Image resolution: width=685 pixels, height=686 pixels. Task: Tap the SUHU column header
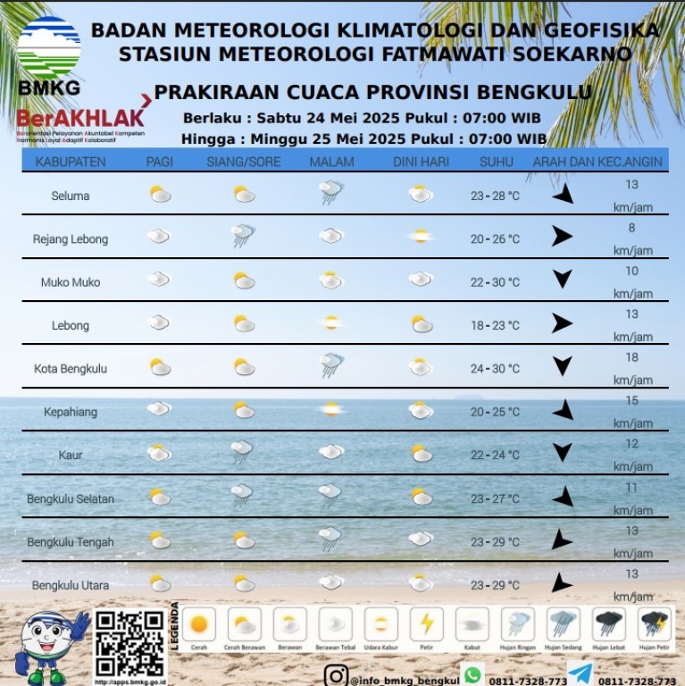click(496, 162)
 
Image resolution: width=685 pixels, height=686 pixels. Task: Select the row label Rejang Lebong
click(71, 239)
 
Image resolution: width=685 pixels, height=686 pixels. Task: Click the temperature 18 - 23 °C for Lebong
click(495, 325)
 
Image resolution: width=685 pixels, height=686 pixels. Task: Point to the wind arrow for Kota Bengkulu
click(562, 366)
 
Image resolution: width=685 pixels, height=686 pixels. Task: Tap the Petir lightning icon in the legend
click(428, 623)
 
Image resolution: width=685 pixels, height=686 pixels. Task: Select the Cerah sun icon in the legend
click(199, 623)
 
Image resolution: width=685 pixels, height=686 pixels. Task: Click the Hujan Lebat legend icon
click(609, 623)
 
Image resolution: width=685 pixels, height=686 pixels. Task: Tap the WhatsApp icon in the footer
click(472, 675)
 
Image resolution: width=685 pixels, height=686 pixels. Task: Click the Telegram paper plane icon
click(580, 674)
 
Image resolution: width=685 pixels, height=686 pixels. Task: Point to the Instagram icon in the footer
click(336, 676)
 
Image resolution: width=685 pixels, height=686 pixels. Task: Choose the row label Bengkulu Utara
click(71, 585)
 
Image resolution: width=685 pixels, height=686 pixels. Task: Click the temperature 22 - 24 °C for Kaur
click(495, 455)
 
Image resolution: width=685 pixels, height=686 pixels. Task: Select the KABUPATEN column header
click(71, 162)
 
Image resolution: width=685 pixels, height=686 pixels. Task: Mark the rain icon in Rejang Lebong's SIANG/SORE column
click(242, 236)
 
